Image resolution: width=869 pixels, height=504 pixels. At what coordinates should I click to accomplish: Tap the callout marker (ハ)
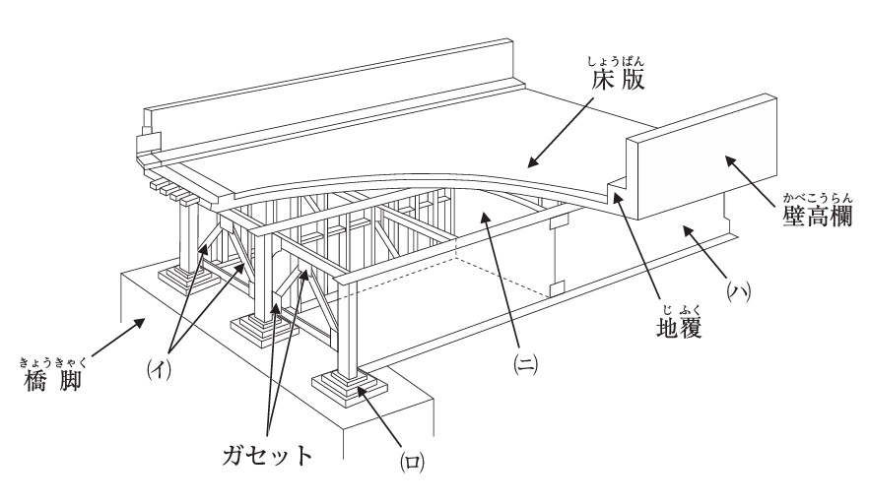click(739, 292)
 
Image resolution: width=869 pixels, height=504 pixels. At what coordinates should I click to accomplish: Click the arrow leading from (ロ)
click(383, 417)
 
